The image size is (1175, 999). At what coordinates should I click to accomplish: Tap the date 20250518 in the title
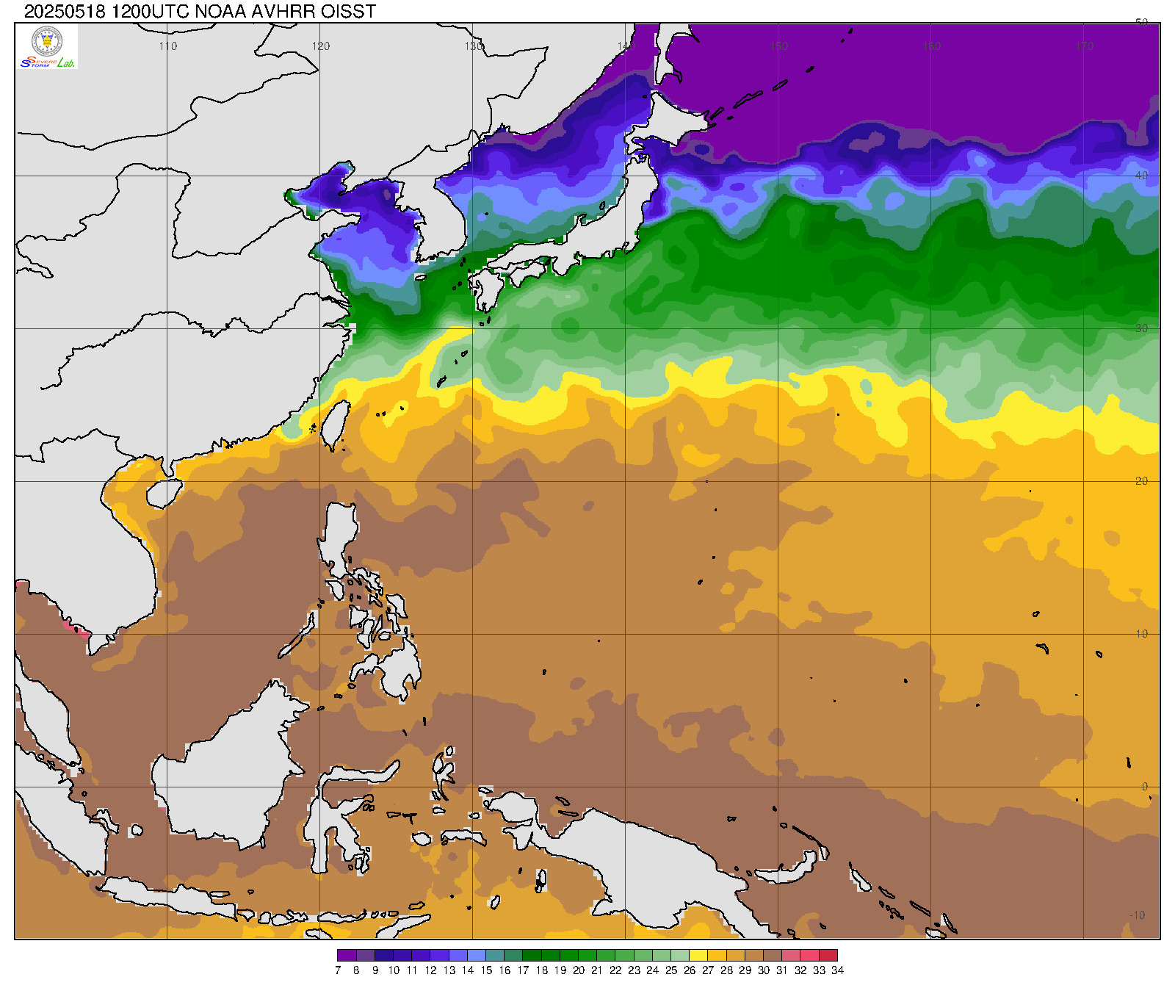(x=65, y=11)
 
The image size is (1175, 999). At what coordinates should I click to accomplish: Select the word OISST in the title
(x=349, y=11)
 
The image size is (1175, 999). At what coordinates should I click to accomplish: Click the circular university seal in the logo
(x=48, y=41)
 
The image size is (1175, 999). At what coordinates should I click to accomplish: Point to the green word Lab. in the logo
(x=66, y=63)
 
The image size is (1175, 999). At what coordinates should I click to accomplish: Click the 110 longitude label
(x=168, y=46)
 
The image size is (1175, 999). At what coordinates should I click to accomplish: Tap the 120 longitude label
(x=321, y=46)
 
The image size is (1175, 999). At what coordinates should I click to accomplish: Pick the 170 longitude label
(x=1084, y=46)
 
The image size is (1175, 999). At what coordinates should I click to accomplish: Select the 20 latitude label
(x=1141, y=481)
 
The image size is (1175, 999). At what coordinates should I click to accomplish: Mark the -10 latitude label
(x=1138, y=915)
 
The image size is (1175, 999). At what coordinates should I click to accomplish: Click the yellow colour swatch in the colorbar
(x=698, y=956)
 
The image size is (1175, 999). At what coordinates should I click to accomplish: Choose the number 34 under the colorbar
(x=837, y=970)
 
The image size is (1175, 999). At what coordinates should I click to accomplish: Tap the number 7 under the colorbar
(x=338, y=970)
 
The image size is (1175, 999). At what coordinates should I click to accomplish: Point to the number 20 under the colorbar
(x=579, y=970)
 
